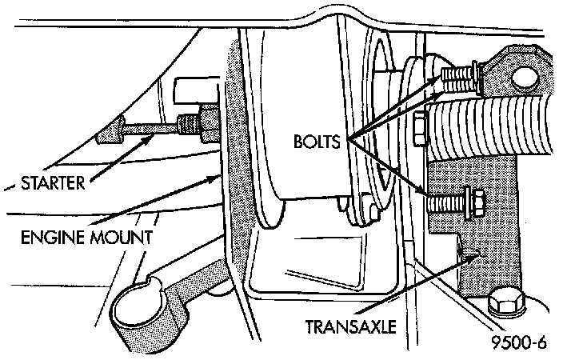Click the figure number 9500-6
tap(519, 345)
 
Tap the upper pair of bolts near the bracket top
tap(457, 77)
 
